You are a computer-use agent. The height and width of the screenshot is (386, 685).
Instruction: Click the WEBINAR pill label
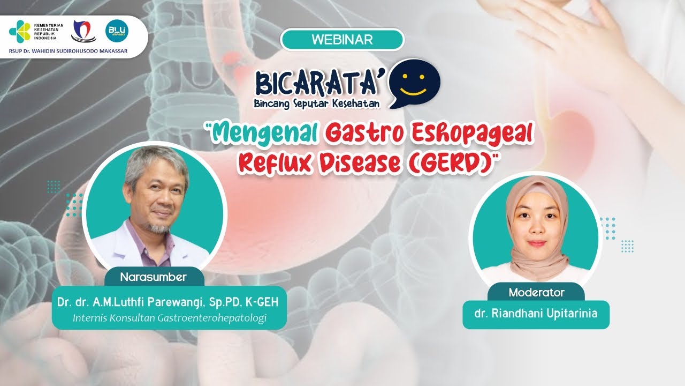tap(342, 40)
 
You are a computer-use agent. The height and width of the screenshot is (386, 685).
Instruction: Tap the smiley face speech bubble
tap(414, 83)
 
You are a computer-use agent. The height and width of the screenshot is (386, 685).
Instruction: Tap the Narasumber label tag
tap(153, 277)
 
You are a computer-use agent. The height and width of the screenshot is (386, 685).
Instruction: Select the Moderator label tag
tap(536, 293)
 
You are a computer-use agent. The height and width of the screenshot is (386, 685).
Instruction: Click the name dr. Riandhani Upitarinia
tap(536, 314)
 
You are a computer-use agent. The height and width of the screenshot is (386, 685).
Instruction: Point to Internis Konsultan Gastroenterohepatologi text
tap(169, 318)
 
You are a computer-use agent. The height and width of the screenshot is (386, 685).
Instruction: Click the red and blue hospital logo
tap(83, 32)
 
